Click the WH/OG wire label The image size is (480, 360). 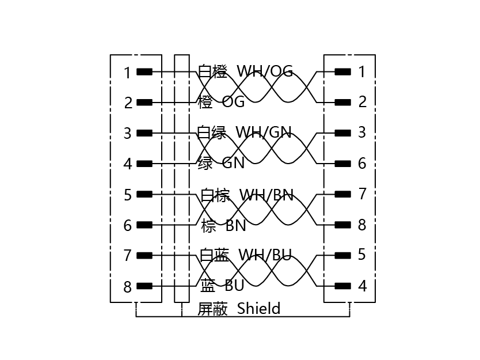pos(265,71)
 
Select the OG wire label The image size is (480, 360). pos(233,102)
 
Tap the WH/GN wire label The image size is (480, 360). pos(264,132)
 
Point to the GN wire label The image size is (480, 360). pos(233,163)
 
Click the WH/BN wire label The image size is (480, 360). pos(266,195)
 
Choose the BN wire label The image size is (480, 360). pos(236,225)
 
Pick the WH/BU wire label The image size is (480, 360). pos(265,255)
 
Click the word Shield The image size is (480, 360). pos(258,308)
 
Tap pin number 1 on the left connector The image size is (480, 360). pos(127,73)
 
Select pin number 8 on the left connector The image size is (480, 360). pos(127,287)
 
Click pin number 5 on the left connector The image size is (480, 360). pos(127,195)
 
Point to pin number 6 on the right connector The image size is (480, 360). pos(362,164)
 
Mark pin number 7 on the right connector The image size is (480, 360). pos(362,194)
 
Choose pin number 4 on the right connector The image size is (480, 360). pos(363,286)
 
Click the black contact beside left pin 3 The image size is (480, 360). pos(144,133)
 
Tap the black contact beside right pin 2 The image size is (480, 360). pos(343,103)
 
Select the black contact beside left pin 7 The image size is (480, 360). pos(144,256)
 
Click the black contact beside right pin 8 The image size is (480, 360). pos(343,225)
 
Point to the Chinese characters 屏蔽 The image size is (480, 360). pos(212,309)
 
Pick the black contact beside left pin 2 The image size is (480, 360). pos(144,103)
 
